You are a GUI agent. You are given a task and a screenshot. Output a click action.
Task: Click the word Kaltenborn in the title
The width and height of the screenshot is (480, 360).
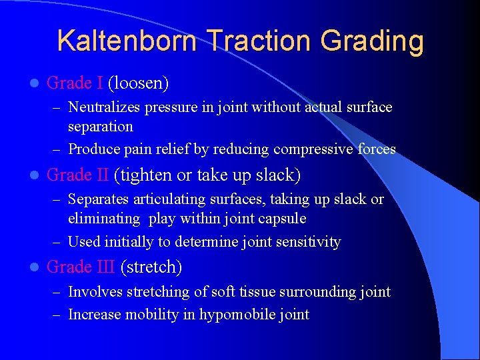(x=127, y=41)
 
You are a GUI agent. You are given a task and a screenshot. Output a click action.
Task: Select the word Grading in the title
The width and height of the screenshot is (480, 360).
(x=372, y=41)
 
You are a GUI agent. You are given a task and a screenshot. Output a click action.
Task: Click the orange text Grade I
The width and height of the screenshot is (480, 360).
(x=75, y=83)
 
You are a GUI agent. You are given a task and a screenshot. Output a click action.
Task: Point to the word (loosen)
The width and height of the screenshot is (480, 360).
(x=138, y=83)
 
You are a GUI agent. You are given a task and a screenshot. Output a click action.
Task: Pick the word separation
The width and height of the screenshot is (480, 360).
(x=101, y=126)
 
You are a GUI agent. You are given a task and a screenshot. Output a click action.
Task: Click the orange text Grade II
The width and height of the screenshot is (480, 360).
(x=78, y=175)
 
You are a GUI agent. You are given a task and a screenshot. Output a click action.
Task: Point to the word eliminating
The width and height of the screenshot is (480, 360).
(x=104, y=218)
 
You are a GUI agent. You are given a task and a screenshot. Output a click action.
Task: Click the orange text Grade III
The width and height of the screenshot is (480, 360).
(x=81, y=267)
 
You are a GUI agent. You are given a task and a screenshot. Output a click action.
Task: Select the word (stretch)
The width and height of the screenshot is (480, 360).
(x=151, y=267)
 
